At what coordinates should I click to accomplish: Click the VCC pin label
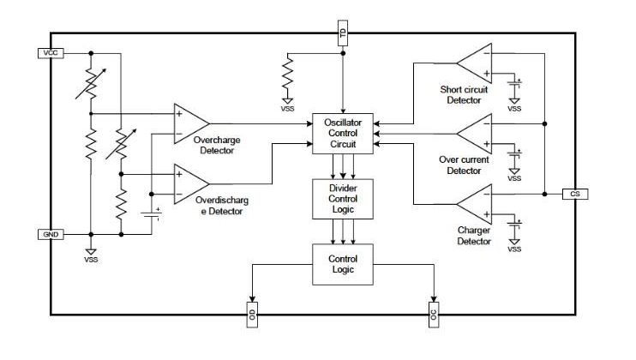click(50, 53)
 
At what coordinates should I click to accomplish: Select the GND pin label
click(50, 233)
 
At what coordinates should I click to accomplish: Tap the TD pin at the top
click(342, 34)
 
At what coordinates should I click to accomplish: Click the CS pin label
click(575, 194)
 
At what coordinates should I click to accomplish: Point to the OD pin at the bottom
click(251, 313)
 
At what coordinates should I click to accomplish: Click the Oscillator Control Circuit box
click(342, 135)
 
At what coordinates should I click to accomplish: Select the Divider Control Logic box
click(342, 198)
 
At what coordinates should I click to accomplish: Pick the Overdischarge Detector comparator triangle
click(189, 182)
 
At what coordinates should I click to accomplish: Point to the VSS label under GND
click(91, 259)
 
